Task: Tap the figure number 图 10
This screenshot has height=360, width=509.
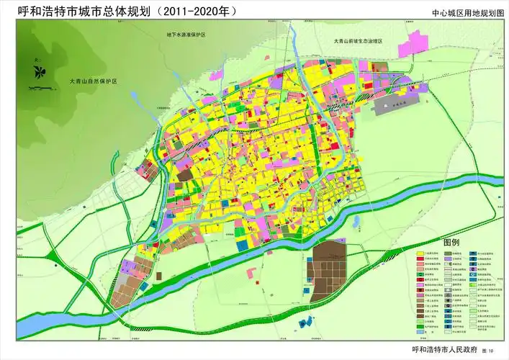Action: point(493,350)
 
